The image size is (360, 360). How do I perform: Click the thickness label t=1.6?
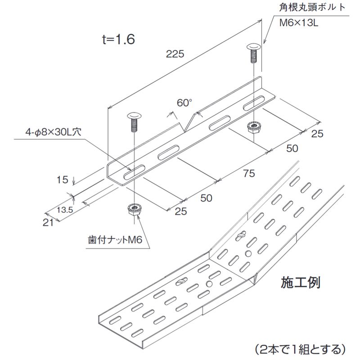[118, 39]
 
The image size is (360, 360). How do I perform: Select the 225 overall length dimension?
[175, 54]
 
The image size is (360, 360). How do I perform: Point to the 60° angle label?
[184, 103]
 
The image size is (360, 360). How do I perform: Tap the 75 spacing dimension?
[249, 173]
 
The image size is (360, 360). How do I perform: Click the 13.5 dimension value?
[65, 210]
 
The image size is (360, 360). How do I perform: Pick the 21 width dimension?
[48, 222]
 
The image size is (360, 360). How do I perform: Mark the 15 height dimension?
[62, 180]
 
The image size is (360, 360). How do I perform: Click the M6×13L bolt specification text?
[299, 23]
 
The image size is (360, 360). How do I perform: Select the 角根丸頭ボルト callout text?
[312, 7]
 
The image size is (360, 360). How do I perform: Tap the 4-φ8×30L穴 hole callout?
[53, 132]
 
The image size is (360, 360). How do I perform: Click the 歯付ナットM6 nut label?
[115, 240]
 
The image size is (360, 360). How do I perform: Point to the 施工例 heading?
[300, 283]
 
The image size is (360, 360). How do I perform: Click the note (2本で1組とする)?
[300, 349]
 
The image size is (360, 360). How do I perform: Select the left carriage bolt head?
[134, 116]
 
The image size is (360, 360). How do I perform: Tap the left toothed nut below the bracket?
[134, 209]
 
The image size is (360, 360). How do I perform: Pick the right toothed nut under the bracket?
[253, 127]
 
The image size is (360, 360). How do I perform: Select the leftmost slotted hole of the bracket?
[134, 172]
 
